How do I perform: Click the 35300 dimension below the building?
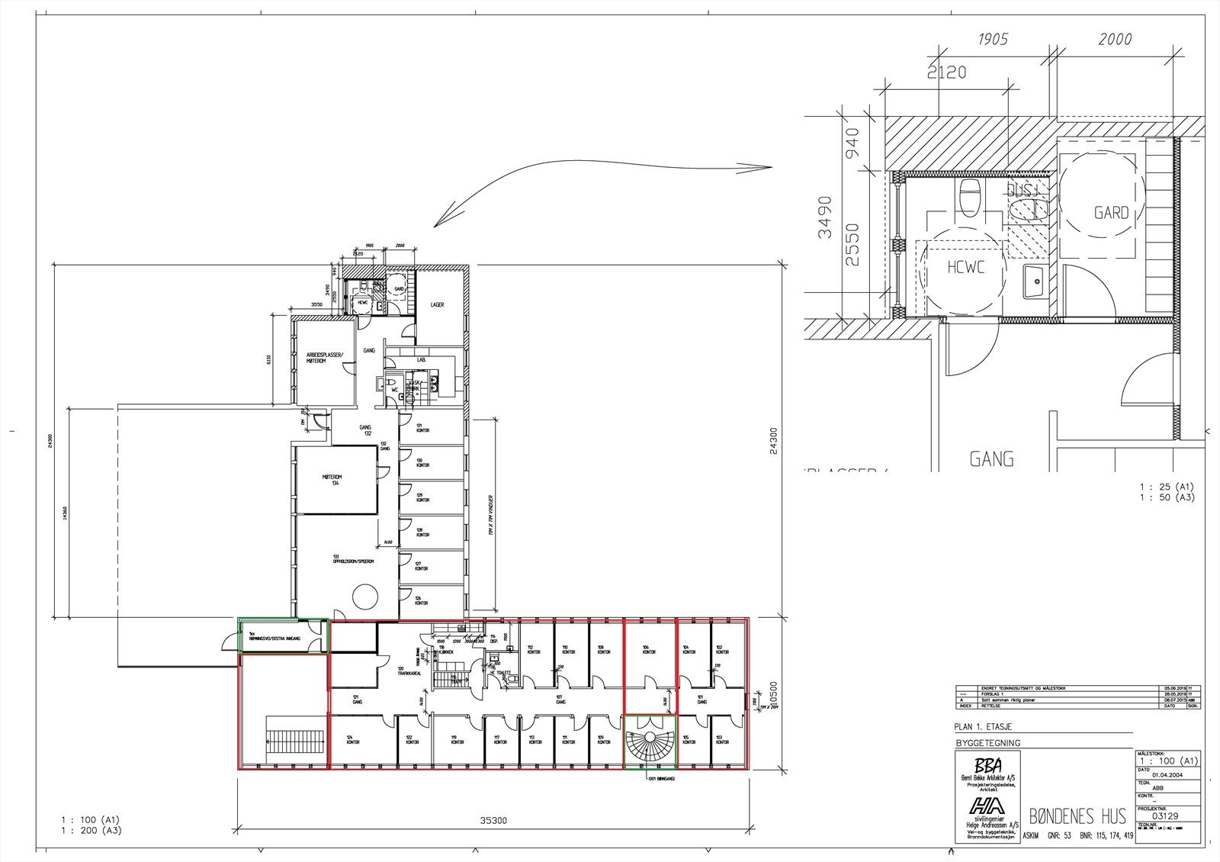493,822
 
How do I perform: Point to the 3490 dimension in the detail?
825,217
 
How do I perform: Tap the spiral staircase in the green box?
649,740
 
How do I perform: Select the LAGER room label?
437,304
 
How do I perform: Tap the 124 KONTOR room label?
353,739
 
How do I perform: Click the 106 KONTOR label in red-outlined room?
649,650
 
